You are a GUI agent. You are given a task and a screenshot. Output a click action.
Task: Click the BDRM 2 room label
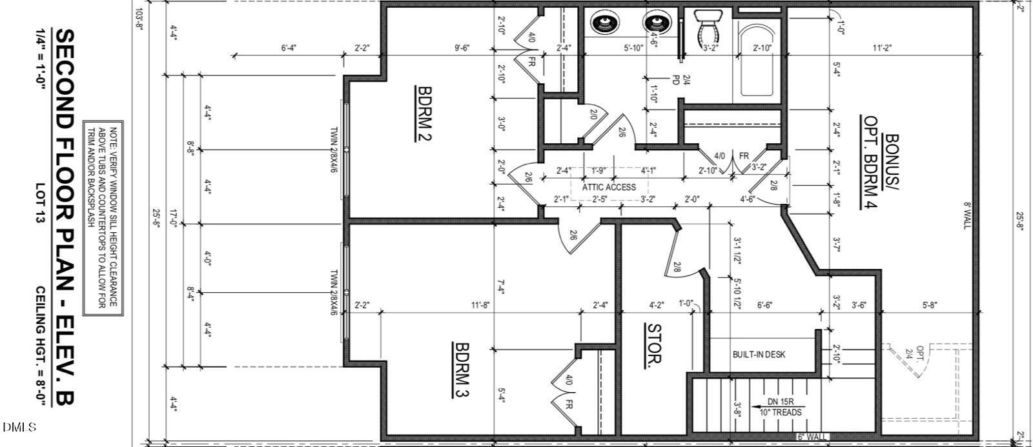(x=424, y=114)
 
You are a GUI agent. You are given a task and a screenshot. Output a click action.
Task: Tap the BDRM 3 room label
(x=462, y=370)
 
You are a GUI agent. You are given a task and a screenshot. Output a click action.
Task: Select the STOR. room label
(x=654, y=345)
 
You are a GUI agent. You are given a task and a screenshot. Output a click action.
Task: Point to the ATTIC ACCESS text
(x=609, y=187)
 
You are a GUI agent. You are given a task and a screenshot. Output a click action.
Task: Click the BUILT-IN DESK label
(x=759, y=355)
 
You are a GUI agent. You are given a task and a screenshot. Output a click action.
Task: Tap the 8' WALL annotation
(x=967, y=215)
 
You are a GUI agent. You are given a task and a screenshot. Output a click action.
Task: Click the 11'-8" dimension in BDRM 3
(x=480, y=305)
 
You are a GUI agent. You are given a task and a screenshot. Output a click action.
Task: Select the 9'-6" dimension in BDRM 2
(x=461, y=48)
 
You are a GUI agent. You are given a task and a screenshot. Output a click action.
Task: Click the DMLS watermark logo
(x=19, y=427)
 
